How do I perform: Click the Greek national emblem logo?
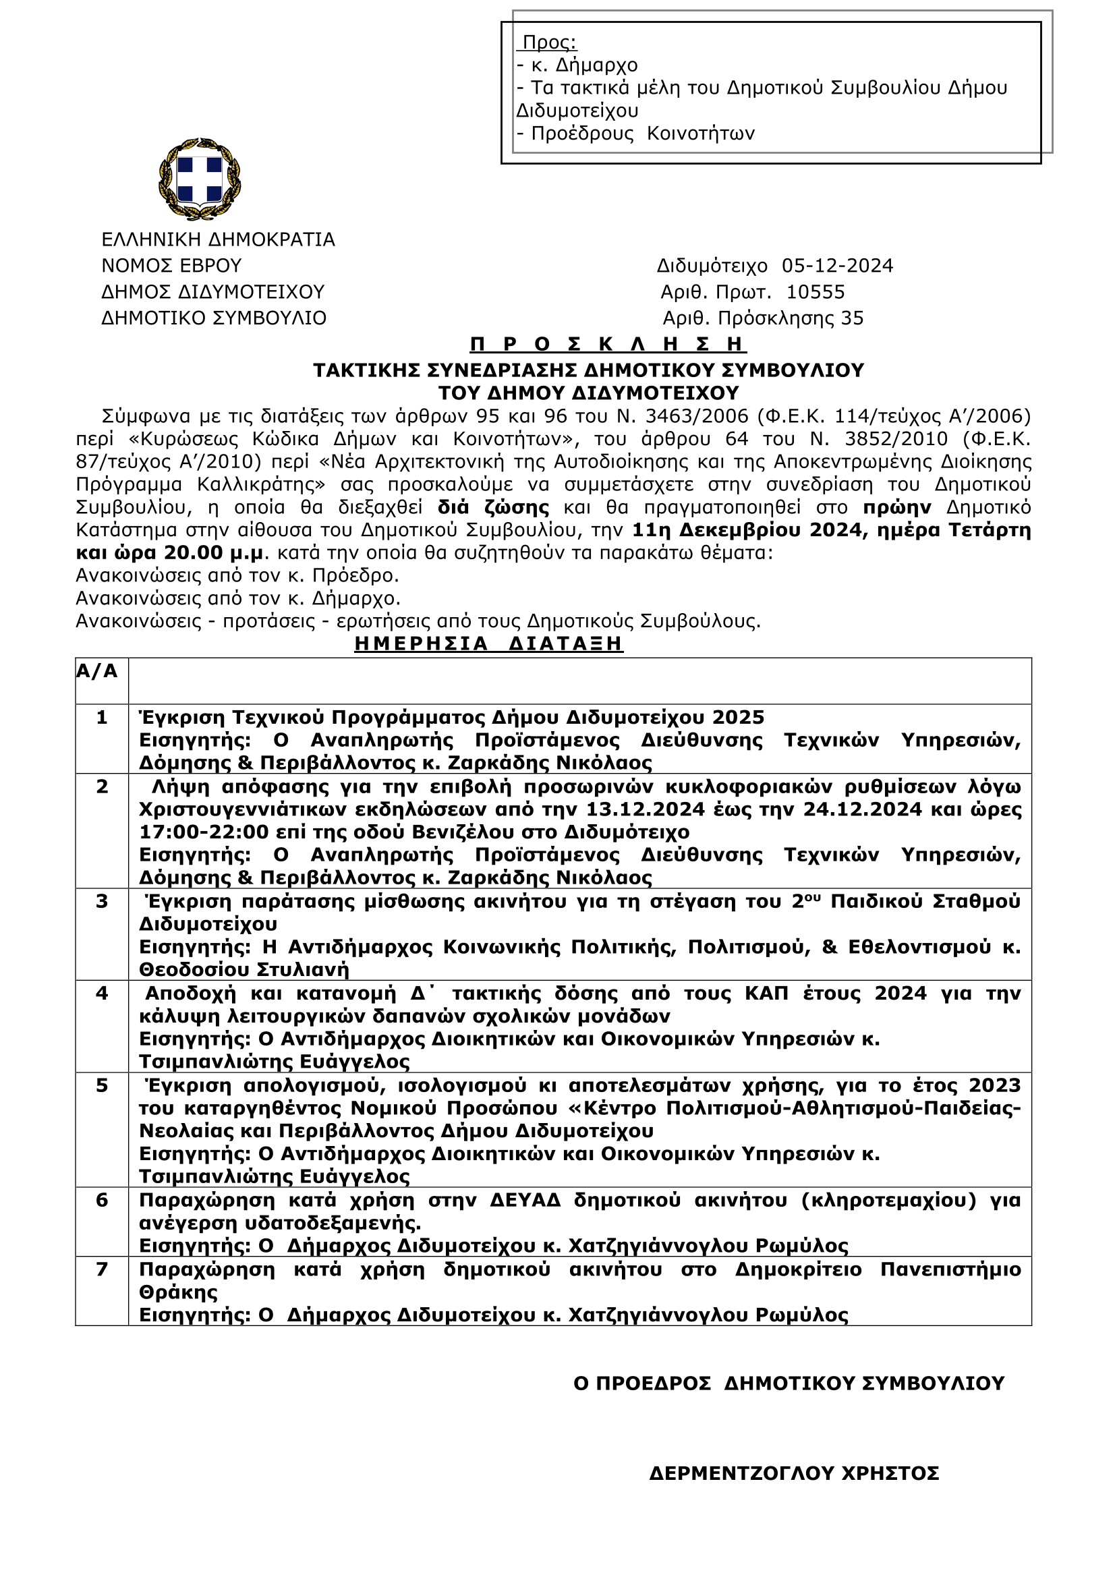click(x=199, y=179)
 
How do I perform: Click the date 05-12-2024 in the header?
click(x=837, y=266)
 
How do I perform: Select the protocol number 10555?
click(x=815, y=292)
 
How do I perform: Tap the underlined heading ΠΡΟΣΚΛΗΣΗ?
click(x=608, y=343)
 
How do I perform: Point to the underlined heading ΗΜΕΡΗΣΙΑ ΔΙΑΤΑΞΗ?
click(x=488, y=643)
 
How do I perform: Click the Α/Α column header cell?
click(x=97, y=672)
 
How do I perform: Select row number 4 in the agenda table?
click(x=102, y=993)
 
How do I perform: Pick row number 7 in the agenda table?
click(x=102, y=1269)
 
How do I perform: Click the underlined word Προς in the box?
click(x=549, y=42)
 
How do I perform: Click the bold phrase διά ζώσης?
click(x=493, y=508)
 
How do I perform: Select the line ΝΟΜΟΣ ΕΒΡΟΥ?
click(x=171, y=266)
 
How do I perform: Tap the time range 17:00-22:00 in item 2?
click(x=204, y=832)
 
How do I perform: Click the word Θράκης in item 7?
click(x=178, y=1292)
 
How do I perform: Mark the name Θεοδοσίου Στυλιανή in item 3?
click(x=244, y=970)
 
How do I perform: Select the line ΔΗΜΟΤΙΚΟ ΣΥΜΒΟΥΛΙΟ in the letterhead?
click(x=214, y=318)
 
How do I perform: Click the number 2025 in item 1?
click(x=738, y=717)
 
